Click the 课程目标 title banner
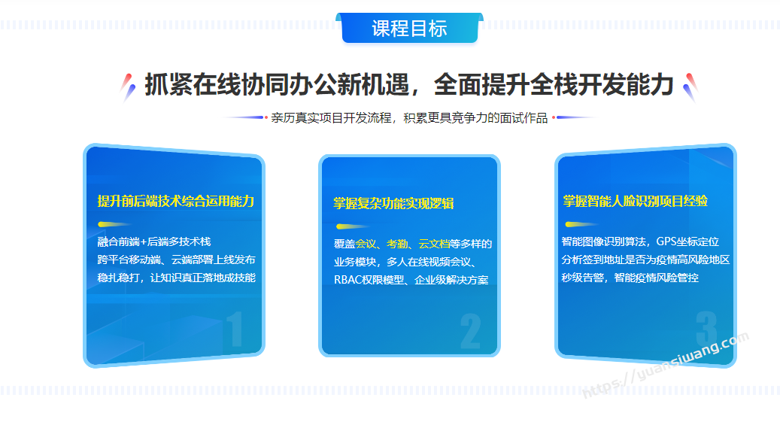click(409, 28)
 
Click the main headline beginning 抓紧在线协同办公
click(409, 84)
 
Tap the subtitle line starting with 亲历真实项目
click(409, 118)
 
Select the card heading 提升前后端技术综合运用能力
click(175, 201)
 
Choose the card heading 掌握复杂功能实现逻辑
click(393, 204)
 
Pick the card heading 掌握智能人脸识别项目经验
click(636, 201)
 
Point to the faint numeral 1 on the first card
click(235, 329)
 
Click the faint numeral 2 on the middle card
click(471, 331)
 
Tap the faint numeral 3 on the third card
click(706, 329)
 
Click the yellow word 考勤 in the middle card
click(397, 244)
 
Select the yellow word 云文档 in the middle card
click(434, 244)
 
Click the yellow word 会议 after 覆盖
click(366, 244)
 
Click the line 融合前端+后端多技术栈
click(154, 242)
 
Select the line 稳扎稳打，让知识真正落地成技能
click(177, 278)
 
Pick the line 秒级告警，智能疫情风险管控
click(630, 278)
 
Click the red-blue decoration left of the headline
click(128, 87)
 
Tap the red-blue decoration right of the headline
click(690, 87)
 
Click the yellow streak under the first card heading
click(114, 224)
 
